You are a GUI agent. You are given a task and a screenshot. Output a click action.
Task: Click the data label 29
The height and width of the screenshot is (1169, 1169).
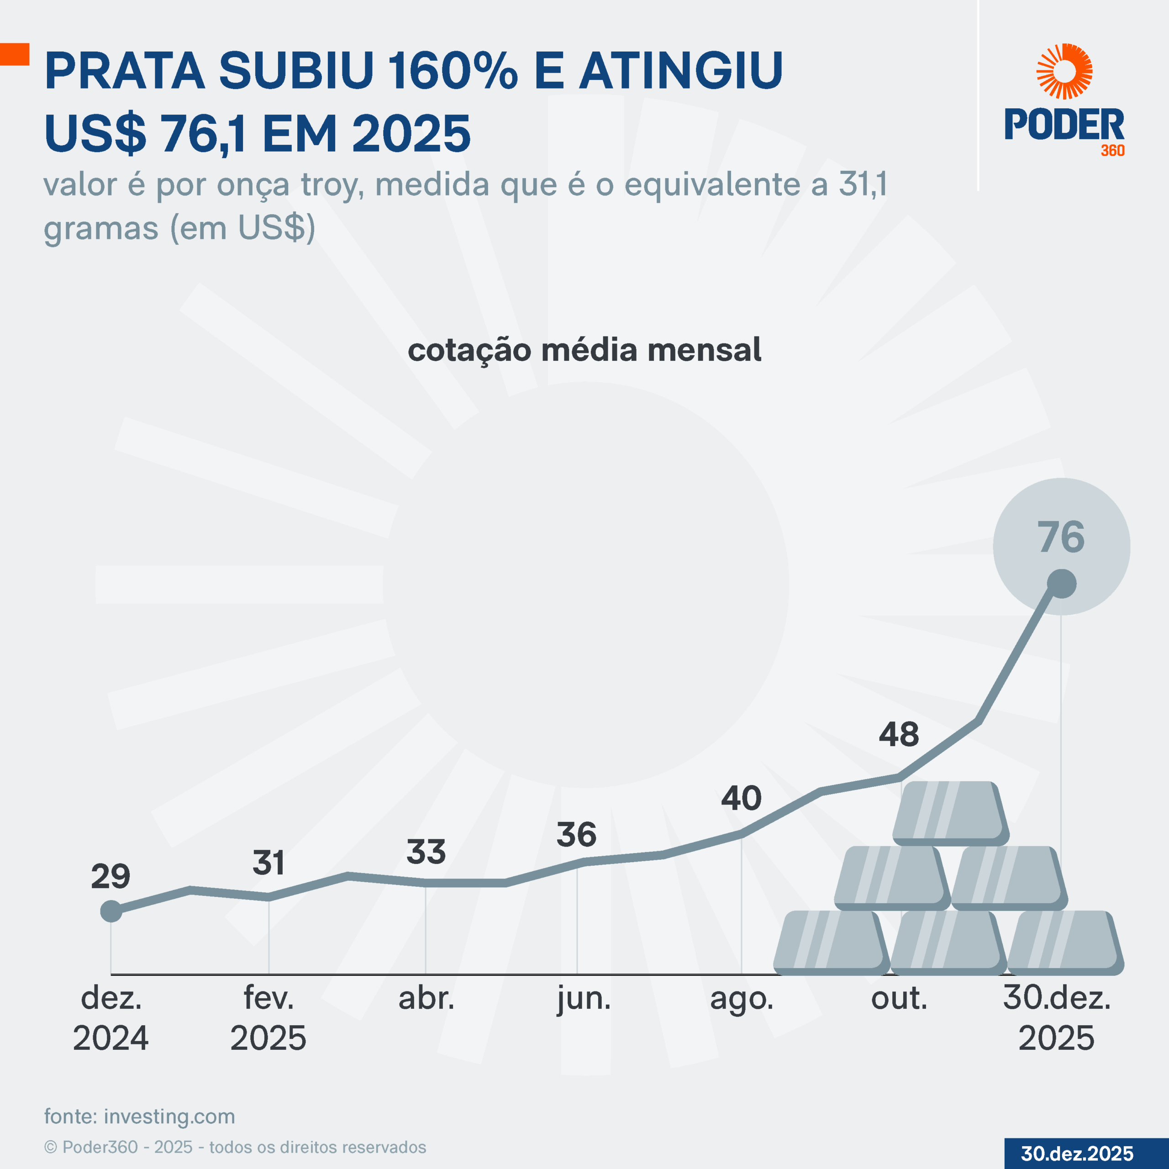[111, 876]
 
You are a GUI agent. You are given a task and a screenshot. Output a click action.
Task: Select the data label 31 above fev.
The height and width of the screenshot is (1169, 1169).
[269, 862]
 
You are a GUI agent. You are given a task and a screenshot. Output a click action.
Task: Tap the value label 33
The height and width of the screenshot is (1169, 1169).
[426, 852]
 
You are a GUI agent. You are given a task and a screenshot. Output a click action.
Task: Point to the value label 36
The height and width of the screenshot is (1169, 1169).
[577, 834]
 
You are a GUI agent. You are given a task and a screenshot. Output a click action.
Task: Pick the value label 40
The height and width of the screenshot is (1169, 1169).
[741, 798]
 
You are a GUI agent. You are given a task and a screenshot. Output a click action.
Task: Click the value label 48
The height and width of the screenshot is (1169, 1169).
[899, 735]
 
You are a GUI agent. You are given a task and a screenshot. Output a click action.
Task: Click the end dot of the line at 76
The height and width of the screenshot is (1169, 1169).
[1062, 584]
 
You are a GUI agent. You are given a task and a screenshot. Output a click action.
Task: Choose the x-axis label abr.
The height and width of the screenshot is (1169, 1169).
[426, 998]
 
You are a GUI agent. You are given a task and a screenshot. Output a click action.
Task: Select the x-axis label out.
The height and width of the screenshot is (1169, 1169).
[899, 998]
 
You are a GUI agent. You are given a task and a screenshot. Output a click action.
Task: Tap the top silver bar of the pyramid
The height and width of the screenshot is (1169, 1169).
[950, 813]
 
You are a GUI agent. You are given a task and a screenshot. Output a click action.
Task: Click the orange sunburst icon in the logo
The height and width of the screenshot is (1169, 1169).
[1064, 71]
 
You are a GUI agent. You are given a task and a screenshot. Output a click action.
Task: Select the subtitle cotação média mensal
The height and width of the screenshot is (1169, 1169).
[584, 350]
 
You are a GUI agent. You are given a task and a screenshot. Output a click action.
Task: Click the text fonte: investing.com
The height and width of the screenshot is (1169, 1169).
[140, 1116]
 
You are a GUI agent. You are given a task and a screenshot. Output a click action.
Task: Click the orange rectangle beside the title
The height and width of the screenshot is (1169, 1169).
[15, 54]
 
